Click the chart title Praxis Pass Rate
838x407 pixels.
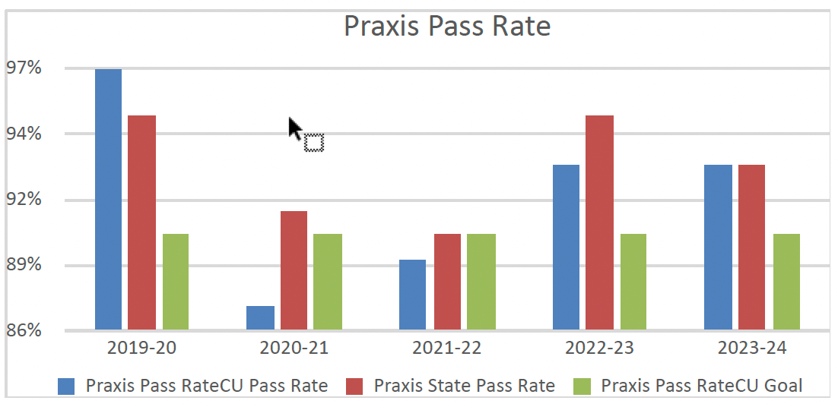(x=446, y=26)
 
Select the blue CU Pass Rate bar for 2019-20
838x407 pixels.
(x=108, y=200)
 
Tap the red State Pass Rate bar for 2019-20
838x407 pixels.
(x=141, y=222)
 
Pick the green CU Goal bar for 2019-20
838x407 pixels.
(x=176, y=282)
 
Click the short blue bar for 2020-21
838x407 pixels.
(x=260, y=318)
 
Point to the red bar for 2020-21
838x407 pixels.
(x=294, y=270)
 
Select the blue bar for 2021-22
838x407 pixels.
(x=412, y=295)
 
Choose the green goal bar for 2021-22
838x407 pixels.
(x=481, y=282)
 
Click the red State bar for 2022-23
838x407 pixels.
(x=599, y=222)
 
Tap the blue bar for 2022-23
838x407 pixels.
(x=566, y=248)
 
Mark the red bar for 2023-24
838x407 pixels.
(x=751, y=248)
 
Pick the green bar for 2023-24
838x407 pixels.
(x=786, y=282)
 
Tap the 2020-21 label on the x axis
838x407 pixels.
(x=294, y=349)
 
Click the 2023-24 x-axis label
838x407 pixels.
(x=752, y=349)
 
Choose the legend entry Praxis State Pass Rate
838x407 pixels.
(x=464, y=386)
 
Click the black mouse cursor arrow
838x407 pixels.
(x=295, y=128)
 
